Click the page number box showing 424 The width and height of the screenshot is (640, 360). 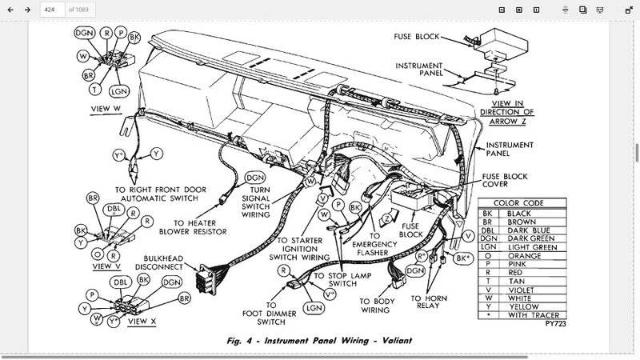pyautogui.click(x=53, y=10)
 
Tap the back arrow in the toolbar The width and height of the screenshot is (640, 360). pyautogui.click(x=10, y=10)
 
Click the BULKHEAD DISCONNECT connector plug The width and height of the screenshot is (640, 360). pyautogui.click(x=206, y=279)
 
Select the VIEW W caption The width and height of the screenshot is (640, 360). pyautogui.click(x=106, y=109)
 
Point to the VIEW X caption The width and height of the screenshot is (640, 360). pyautogui.click(x=142, y=322)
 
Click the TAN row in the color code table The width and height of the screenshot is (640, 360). pyautogui.click(x=522, y=282)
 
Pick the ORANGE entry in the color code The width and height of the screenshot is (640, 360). pyautogui.click(x=522, y=256)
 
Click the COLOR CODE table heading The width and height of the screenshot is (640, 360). pyautogui.click(x=518, y=203)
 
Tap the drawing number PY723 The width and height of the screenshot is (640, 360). pyautogui.click(x=555, y=324)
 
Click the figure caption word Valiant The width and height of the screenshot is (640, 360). pyautogui.click(x=397, y=341)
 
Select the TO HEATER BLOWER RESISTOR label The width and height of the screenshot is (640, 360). pyautogui.click(x=193, y=227)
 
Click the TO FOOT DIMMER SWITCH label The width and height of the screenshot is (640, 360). pyautogui.click(x=270, y=314)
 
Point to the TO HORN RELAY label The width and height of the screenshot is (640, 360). pyautogui.click(x=429, y=302)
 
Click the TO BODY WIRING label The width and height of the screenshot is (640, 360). pyautogui.click(x=377, y=306)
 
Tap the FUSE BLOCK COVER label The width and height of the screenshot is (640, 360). pyautogui.click(x=505, y=180)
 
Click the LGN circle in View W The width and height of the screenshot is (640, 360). pyautogui.click(x=119, y=91)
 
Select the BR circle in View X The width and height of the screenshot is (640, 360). pyautogui.click(x=185, y=298)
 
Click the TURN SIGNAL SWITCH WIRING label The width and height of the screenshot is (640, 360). pyautogui.click(x=255, y=202)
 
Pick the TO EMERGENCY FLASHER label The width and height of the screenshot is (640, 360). pyautogui.click(x=374, y=245)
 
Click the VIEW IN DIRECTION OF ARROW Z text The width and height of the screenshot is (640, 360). pyautogui.click(x=507, y=112)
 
